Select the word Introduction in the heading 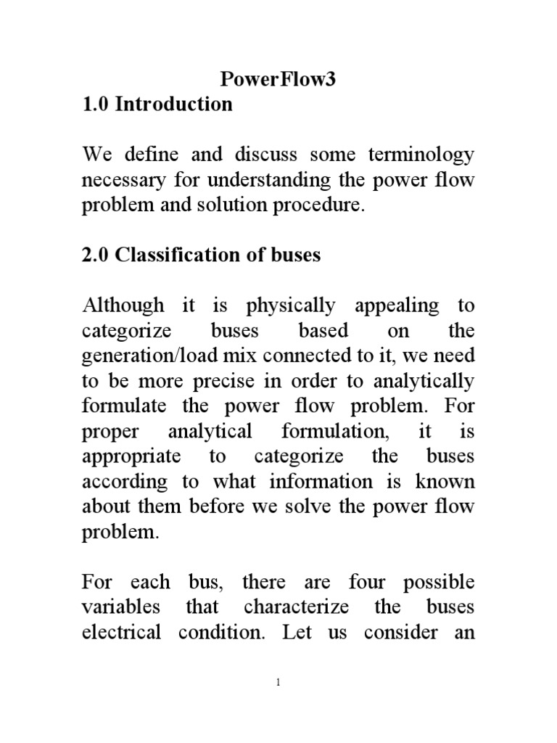(x=175, y=104)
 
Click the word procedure (x=319, y=205)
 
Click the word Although (x=123, y=306)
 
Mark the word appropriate (x=128, y=457)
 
